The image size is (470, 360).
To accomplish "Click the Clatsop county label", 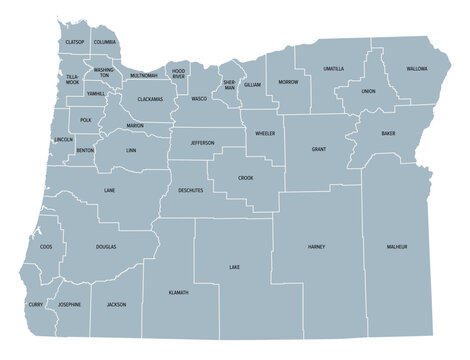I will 73,43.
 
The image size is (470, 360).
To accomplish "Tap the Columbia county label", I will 104,43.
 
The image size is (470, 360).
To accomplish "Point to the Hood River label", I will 178,74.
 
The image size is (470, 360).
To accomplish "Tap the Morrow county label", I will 288,81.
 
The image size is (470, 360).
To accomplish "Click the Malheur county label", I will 400,246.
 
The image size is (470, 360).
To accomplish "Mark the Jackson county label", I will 116,304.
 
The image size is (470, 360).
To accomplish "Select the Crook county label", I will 245,177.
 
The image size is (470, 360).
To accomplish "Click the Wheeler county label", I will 265,133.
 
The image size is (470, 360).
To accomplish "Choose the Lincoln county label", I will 62,139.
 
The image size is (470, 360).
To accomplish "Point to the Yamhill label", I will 96,92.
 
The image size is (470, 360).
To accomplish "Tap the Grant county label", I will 319,149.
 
